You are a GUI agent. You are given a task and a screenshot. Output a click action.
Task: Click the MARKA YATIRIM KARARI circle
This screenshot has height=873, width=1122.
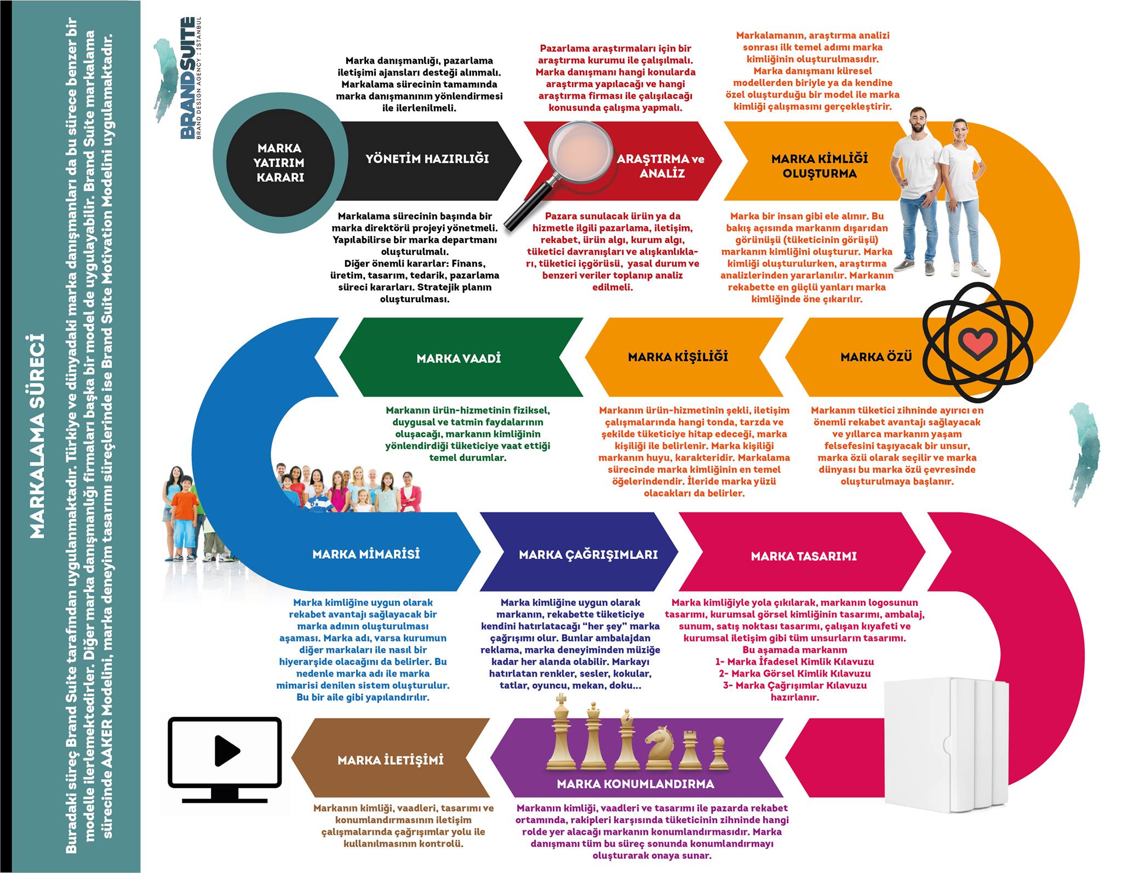(280, 163)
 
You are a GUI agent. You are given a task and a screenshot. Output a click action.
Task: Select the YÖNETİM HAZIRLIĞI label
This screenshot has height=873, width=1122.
(427, 159)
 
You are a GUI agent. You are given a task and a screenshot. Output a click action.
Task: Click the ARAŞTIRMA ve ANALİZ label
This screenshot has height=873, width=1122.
(661, 166)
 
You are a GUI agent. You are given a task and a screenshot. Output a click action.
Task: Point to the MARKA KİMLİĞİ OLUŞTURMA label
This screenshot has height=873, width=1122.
(820, 166)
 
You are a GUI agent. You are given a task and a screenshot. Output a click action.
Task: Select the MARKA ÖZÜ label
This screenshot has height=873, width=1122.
(876, 357)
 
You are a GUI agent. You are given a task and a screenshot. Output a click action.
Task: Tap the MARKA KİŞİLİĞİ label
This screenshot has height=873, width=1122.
(678, 357)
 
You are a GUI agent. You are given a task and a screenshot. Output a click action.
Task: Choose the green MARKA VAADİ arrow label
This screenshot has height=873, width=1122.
(459, 359)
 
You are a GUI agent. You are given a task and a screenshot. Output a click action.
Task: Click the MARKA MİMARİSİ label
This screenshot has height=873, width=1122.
(366, 554)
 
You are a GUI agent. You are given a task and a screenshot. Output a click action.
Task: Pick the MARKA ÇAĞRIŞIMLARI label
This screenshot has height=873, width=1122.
(588, 554)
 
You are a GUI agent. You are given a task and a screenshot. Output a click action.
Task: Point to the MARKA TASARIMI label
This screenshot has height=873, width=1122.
(804, 556)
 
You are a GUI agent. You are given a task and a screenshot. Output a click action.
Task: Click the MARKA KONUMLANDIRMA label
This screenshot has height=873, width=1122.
(636, 784)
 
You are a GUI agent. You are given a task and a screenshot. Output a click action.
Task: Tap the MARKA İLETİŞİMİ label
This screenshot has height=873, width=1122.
(391, 760)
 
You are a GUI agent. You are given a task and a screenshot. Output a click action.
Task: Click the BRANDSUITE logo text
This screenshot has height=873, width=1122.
(187, 78)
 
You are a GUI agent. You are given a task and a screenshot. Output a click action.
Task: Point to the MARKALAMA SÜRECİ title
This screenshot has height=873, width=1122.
(37, 436)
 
